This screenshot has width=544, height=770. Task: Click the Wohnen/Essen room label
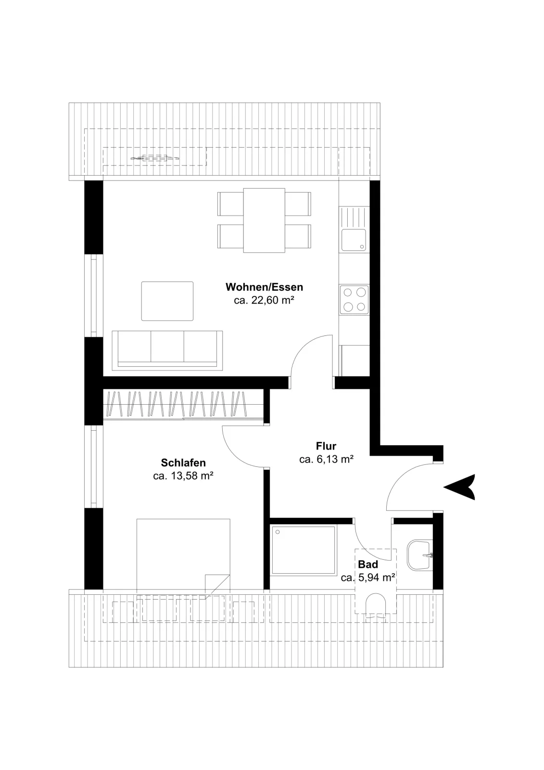pyautogui.click(x=264, y=287)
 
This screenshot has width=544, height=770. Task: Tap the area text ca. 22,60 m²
pyautogui.click(x=264, y=300)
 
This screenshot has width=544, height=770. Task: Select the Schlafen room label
pyautogui.click(x=183, y=462)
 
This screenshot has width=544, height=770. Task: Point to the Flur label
pyautogui.click(x=326, y=446)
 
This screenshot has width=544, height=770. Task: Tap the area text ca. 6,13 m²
pyautogui.click(x=327, y=459)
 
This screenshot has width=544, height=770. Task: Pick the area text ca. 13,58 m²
pyautogui.click(x=183, y=476)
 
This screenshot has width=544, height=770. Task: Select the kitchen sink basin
pyautogui.click(x=353, y=240)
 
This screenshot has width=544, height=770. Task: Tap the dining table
pyautogui.click(x=264, y=220)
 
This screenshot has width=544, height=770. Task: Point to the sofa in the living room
pyautogui.click(x=167, y=350)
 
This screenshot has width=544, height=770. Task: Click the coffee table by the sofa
pyautogui.click(x=167, y=301)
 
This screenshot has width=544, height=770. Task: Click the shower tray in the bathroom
pyautogui.click(x=303, y=551)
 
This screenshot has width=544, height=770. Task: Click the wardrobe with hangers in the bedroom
pyautogui.click(x=183, y=404)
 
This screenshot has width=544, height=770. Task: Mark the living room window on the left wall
pyautogui.click(x=94, y=295)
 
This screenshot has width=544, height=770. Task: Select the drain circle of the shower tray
pyautogui.click(x=278, y=532)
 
